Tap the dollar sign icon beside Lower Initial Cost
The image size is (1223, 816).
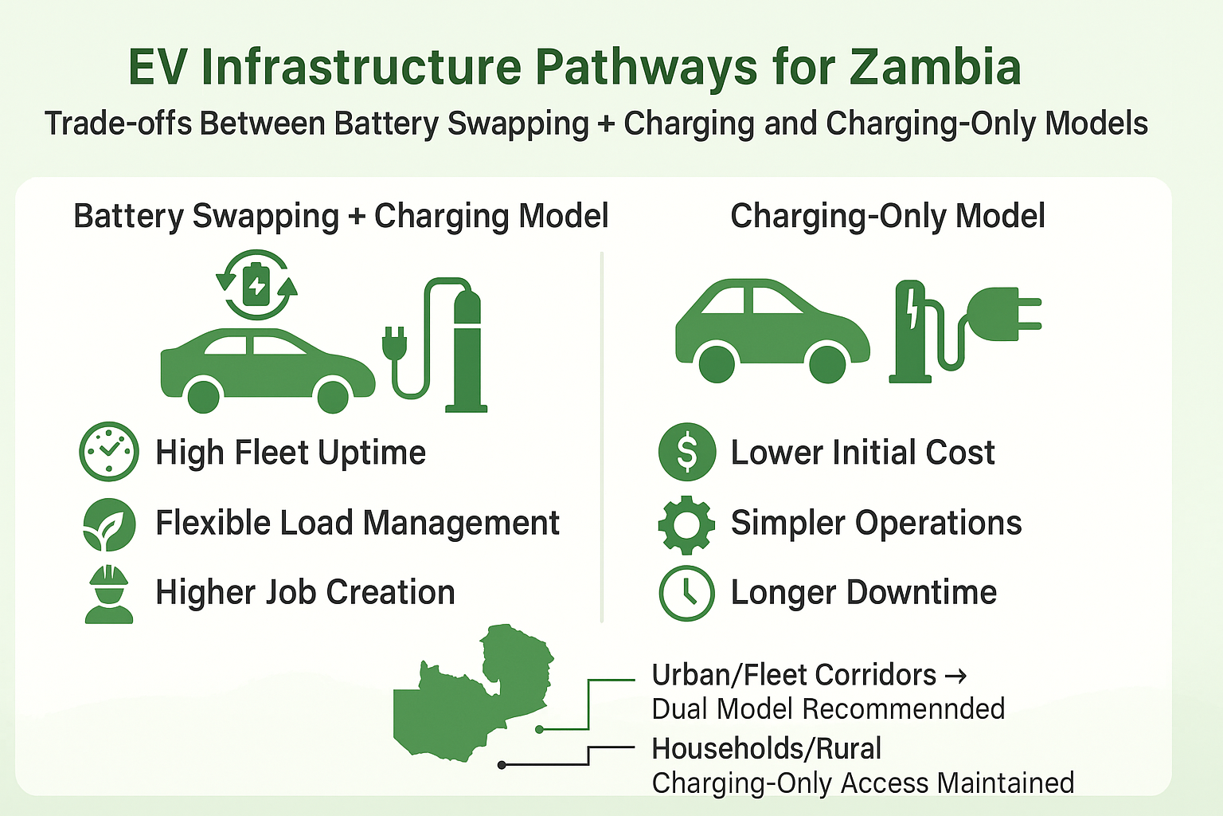click(686, 452)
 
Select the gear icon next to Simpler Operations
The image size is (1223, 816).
click(686, 524)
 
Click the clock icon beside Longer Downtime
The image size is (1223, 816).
click(686, 593)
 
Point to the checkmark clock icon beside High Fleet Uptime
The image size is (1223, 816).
click(109, 452)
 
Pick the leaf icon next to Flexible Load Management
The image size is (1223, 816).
click(109, 524)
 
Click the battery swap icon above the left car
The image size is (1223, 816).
click(256, 284)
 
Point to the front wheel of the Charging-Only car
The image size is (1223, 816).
click(827, 363)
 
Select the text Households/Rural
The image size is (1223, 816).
click(766, 748)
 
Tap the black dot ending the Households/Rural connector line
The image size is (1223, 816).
click(502, 765)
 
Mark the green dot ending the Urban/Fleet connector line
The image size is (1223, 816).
click(540, 729)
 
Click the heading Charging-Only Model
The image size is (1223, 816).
click(887, 216)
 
